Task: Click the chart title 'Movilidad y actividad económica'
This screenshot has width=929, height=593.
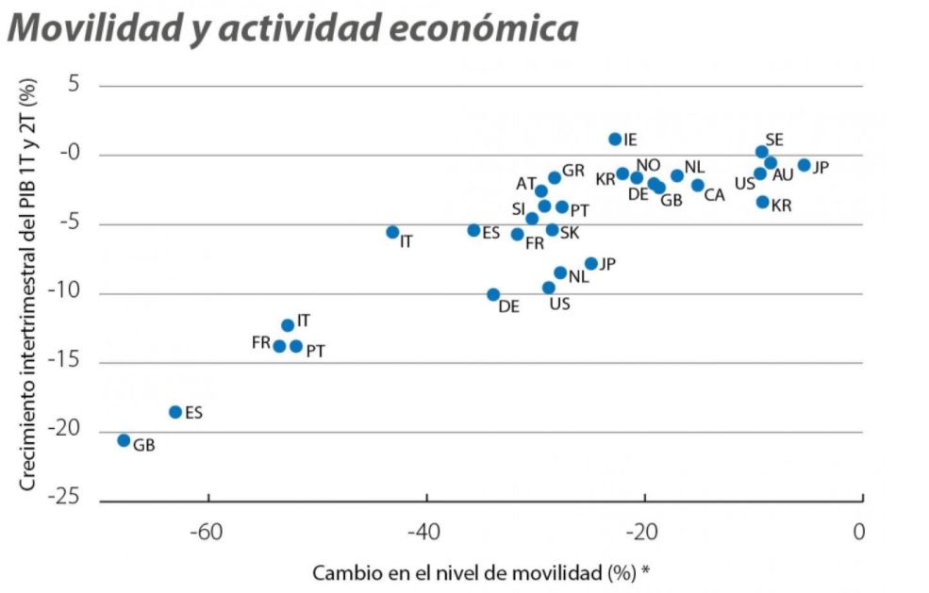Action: click(291, 28)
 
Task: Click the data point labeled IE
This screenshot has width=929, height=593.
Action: click(615, 139)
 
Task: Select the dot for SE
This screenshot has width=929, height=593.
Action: click(762, 152)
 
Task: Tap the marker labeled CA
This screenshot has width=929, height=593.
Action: click(698, 186)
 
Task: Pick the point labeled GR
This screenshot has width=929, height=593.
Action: click(555, 177)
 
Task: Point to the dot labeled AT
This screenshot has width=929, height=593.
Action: click(541, 191)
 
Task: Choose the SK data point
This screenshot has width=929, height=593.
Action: click(553, 230)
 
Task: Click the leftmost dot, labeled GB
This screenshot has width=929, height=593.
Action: click(124, 440)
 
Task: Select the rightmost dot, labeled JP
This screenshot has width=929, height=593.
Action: click(804, 165)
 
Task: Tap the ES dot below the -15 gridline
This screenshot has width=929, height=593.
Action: click(175, 412)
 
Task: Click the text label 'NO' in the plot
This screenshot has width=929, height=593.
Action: click(648, 165)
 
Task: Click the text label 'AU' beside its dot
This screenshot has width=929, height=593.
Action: click(783, 175)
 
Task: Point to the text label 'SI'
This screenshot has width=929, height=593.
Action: click(520, 208)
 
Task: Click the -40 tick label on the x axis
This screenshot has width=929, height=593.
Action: click(425, 533)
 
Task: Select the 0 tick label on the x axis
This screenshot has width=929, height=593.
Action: click(858, 533)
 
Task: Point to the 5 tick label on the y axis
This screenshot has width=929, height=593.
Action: click(75, 86)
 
